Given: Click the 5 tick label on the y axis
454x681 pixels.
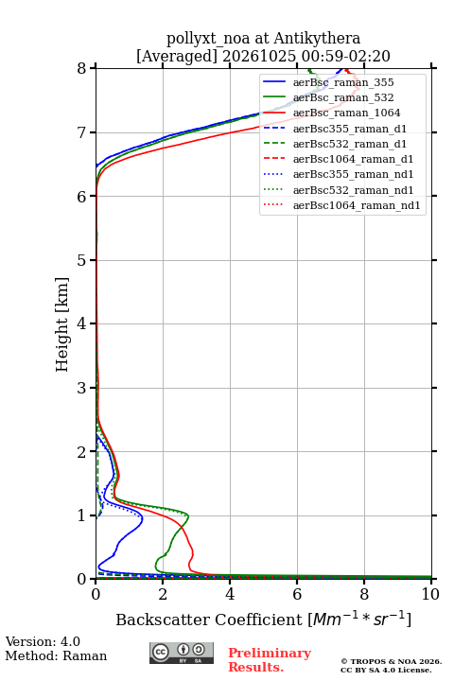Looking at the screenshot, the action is [x=82, y=260].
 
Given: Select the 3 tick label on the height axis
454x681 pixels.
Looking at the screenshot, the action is [x=82, y=388].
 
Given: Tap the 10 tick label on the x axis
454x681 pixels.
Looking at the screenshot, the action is [x=430, y=594].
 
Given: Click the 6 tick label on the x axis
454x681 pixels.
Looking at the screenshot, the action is [x=297, y=594].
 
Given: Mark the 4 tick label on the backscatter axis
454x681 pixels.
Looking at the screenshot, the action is [x=230, y=594].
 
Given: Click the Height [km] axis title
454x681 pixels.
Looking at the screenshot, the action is [x=62, y=324].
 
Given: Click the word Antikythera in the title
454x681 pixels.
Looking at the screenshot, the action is [x=317, y=39].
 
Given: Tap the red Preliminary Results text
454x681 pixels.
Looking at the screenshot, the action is [x=270, y=660].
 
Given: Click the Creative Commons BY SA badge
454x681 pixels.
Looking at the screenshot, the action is [x=182, y=653].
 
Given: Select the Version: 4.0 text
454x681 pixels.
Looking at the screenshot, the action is [x=43, y=641].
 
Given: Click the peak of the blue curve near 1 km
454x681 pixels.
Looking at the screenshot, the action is [x=143, y=517].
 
